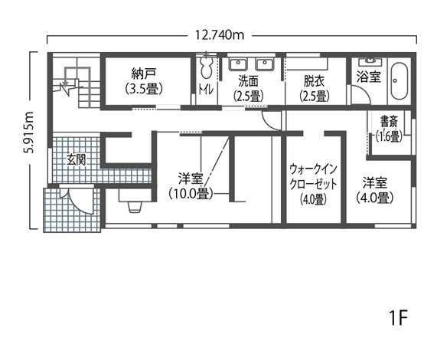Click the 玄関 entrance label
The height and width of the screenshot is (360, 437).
pos(75,159)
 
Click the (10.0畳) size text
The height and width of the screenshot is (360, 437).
pos(190,194)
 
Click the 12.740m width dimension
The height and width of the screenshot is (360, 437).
pos(218,34)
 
